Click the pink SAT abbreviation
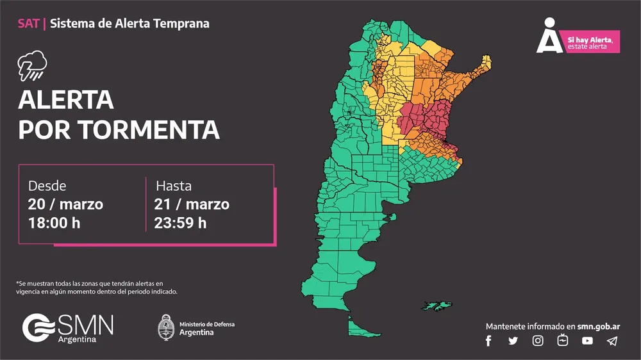coord(28,24)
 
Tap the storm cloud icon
coord(32,66)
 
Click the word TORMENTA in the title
coord(149,130)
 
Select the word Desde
coord(47,186)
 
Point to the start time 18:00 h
coord(54,224)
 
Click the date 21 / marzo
coord(192,205)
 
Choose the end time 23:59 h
coord(181,224)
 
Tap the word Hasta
coord(174,186)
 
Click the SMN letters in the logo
coord(85,325)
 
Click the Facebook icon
coord(488,341)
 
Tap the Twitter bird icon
coord(513,341)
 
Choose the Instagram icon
coord(538,341)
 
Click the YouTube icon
coord(587,341)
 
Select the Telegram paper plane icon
coord(612,341)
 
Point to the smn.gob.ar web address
coord(599,326)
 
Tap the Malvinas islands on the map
coord(437,306)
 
